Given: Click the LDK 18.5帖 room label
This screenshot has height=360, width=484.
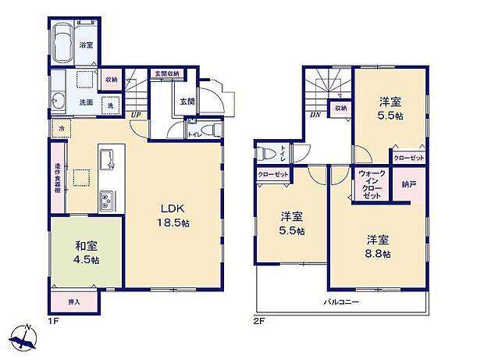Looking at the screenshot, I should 173,216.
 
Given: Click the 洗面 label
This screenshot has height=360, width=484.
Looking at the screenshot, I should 87,102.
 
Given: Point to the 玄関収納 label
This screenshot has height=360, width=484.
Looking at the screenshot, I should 165,73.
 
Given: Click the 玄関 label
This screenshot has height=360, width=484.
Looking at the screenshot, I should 187,102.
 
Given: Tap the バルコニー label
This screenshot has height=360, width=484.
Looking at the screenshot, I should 342,301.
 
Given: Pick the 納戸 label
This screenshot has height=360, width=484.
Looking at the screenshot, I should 409,185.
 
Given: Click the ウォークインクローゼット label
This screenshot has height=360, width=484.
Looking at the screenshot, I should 372,184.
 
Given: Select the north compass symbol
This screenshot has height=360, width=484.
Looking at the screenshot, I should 25,340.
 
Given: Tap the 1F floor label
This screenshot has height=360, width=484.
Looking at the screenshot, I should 53,320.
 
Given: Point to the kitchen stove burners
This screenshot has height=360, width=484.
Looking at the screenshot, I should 107,200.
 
